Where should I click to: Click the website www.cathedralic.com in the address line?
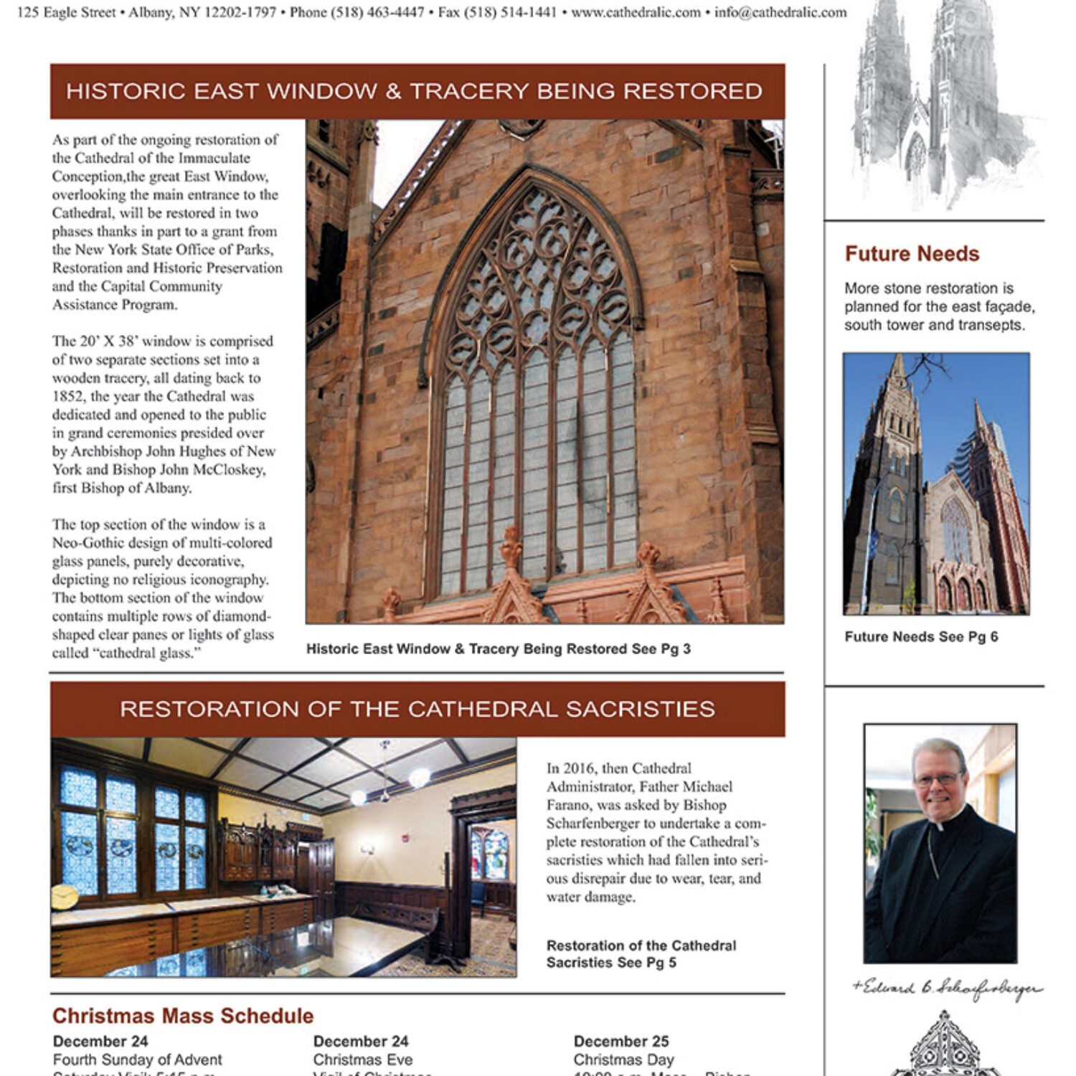point(636,12)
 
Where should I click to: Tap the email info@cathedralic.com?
point(780,12)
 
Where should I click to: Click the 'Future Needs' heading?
point(912,254)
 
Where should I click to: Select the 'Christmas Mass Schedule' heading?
point(183,1016)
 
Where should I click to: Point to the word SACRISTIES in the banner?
point(640,709)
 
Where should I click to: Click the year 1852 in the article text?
point(67,397)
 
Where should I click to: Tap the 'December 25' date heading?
point(621,1041)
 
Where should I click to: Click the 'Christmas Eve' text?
point(363,1060)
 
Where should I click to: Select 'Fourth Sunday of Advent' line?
point(138,1060)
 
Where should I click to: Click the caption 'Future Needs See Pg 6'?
point(921,637)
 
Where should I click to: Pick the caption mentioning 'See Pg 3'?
point(498,649)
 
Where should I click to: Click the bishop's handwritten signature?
point(947,988)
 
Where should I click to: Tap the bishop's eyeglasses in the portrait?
point(938,779)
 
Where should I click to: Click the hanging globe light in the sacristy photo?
point(420,777)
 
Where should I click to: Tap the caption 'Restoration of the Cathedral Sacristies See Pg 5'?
point(641,954)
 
